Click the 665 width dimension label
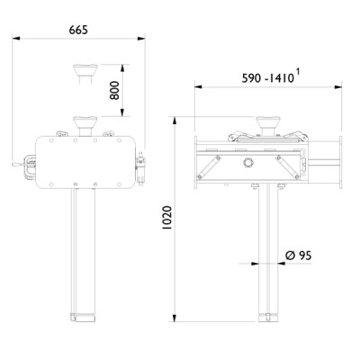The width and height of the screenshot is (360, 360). [78, 31]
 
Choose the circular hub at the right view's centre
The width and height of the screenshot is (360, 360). [249, 163]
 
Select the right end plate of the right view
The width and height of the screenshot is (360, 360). [341, 162]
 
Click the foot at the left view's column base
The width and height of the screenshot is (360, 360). [82, 316]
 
